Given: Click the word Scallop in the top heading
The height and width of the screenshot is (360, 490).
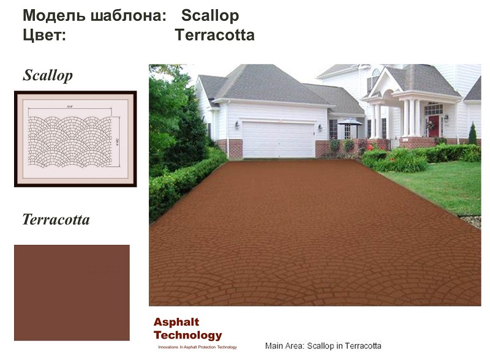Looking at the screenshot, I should coord(210,15).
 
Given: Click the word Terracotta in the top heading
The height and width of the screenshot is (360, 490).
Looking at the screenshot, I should coord(214,35).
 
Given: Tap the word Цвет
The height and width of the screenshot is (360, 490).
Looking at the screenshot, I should coord(44,35).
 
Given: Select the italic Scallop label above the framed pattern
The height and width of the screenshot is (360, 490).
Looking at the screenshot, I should coord(48,75).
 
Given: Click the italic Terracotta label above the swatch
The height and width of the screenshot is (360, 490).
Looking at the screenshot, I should coord(56,219).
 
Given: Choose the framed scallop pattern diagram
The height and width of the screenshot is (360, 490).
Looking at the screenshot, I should coord(75,138).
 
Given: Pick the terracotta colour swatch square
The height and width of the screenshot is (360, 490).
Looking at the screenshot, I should coord(72,292).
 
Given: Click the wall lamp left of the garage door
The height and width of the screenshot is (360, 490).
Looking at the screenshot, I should coord(237,125).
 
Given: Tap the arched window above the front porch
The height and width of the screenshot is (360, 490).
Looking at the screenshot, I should coord(375,79).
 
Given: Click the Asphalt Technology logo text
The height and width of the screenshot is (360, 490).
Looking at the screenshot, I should coord(187,329).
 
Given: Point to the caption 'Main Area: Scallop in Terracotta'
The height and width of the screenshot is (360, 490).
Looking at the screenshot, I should coord(323,346).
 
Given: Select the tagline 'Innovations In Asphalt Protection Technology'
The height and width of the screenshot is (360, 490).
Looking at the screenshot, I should coord(197,347).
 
